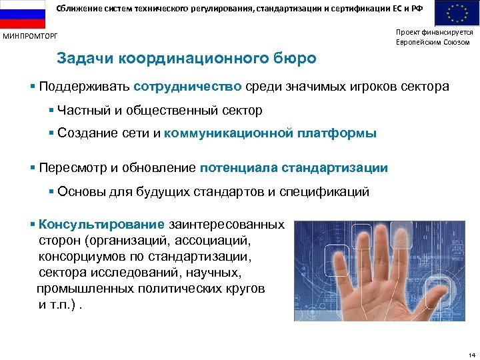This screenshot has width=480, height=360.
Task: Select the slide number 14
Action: tap(471, 354)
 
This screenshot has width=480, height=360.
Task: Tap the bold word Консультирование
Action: tap(101, 225)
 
